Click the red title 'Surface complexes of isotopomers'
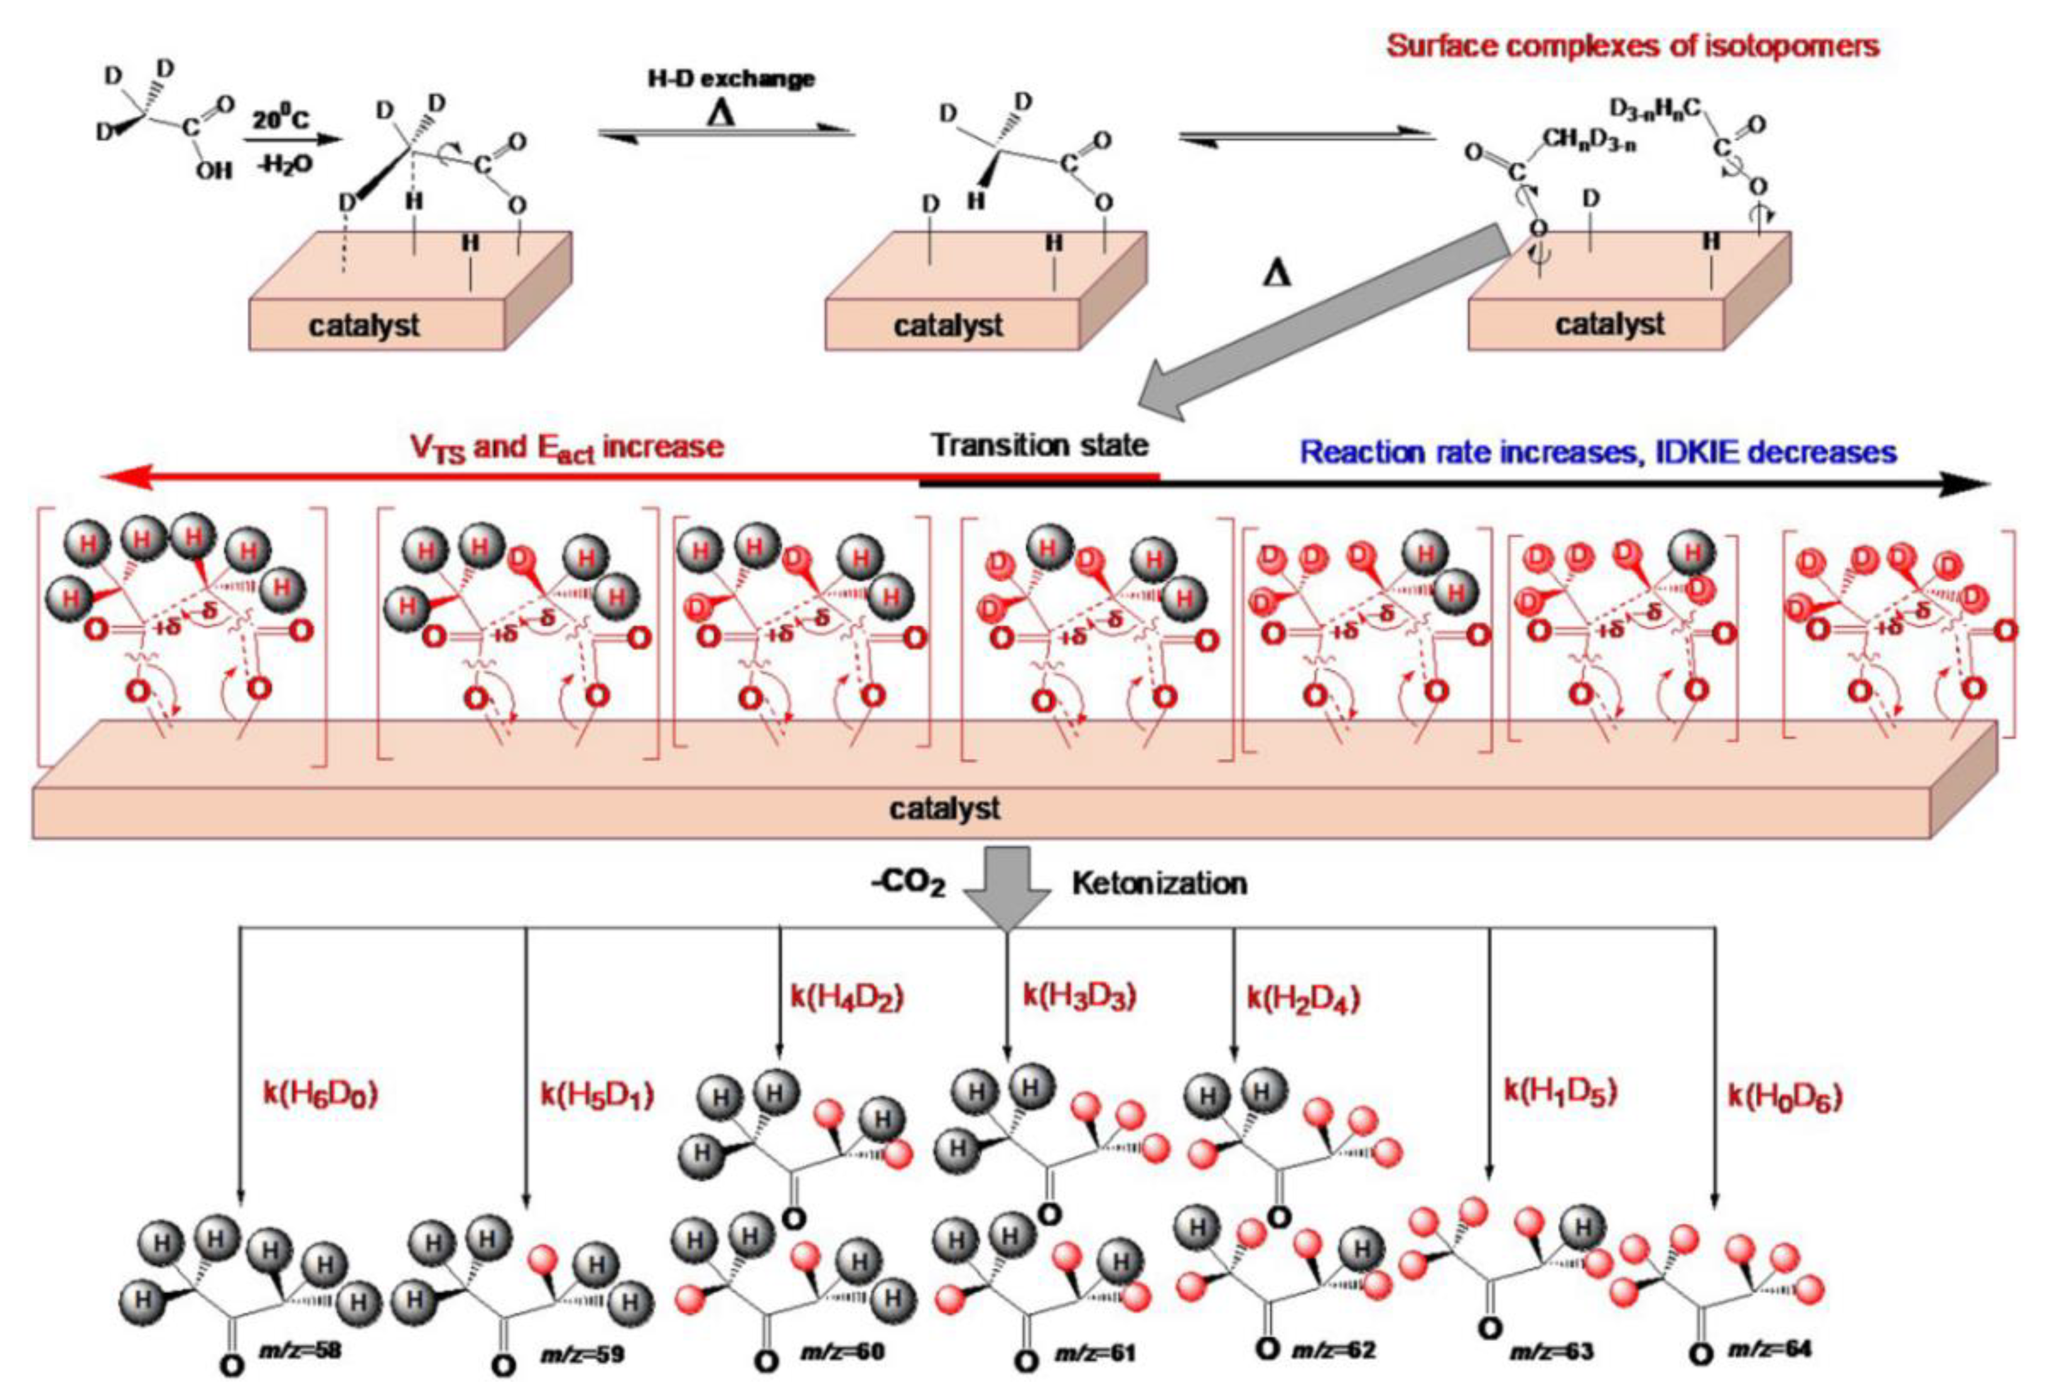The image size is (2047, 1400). point(1632,46)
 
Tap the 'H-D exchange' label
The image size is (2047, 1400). point(730,79)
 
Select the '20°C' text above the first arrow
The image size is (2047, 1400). point(281,118)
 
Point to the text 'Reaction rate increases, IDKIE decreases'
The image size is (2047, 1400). point(1598,453)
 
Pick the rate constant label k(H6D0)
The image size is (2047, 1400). point(321,1094)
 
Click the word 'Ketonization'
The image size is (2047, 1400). point(1159,883)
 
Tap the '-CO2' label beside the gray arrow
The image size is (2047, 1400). point(907,884)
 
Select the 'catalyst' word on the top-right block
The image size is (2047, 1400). point(1609,324)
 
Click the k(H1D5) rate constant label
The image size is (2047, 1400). point(1560,1092)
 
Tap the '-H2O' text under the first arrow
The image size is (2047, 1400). point(284,164)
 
